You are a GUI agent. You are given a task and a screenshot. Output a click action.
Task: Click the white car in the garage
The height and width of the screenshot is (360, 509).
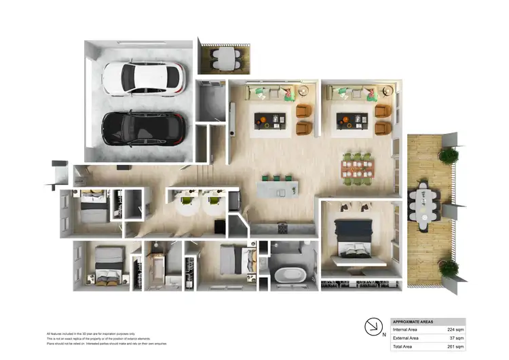[143, 78]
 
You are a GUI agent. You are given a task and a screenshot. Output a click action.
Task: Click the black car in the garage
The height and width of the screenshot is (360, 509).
[143, 127]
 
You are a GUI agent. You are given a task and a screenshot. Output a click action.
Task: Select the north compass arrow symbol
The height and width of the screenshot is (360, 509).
[373, 327]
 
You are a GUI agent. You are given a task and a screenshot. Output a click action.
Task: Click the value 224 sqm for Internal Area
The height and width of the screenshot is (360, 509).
[455, 329]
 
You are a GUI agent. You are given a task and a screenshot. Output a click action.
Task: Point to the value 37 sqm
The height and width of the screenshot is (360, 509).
[457, 338]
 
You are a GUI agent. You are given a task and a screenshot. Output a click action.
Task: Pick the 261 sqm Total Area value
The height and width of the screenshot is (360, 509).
[455, 346]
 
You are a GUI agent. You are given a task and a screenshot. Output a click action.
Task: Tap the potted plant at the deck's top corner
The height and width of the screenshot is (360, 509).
[448, 156]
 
